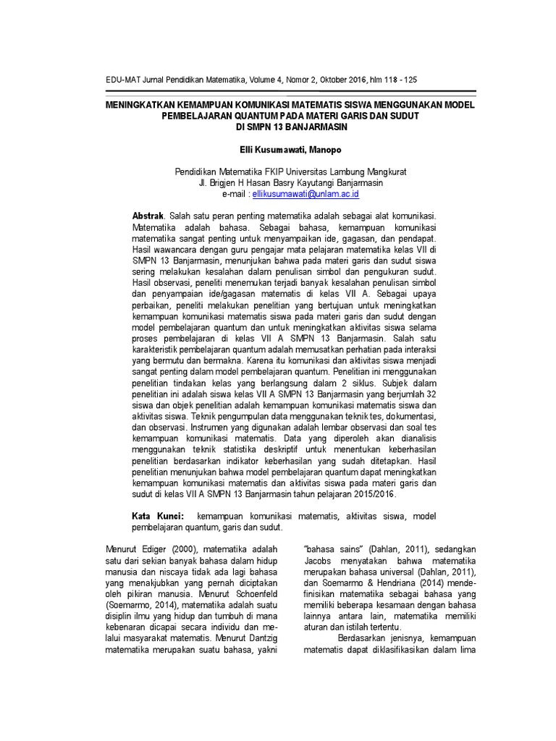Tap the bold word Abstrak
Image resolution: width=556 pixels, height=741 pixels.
click(x=148, y=216)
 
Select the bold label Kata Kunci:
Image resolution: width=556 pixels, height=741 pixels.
click(x=158, y=516)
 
